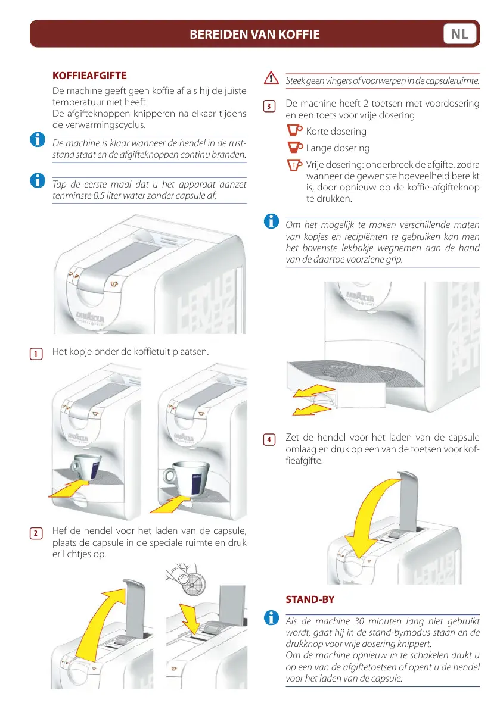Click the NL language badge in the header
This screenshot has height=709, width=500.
tap(459, 34)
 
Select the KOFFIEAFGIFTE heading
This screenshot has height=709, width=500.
tap(89, 76)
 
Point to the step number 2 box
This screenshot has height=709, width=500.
tap(36, 533)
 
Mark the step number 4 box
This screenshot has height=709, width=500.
tap(269, 440)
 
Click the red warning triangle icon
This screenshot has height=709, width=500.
tap(271, 78)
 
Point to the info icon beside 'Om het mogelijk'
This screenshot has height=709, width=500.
tap(271, 221)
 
